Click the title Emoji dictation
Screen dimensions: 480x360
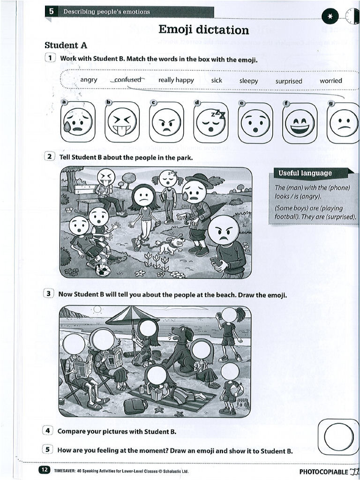pos(203,30)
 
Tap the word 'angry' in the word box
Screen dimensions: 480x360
pos(89,80)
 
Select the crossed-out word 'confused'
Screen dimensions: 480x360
pos(127,80)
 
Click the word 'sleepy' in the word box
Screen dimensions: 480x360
pos(248,81)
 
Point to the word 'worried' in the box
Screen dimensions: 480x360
pos(330,81)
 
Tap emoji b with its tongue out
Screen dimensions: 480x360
pos(122,122)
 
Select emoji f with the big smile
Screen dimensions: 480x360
pos(300,123)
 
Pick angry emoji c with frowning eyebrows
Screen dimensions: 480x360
pos(166,122)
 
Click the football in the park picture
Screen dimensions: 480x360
pos(103,270)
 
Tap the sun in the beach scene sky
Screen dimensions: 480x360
pos(97,310)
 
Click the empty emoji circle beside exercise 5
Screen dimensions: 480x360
pos(338,437)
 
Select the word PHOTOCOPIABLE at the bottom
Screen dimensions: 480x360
pos(323,472)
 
